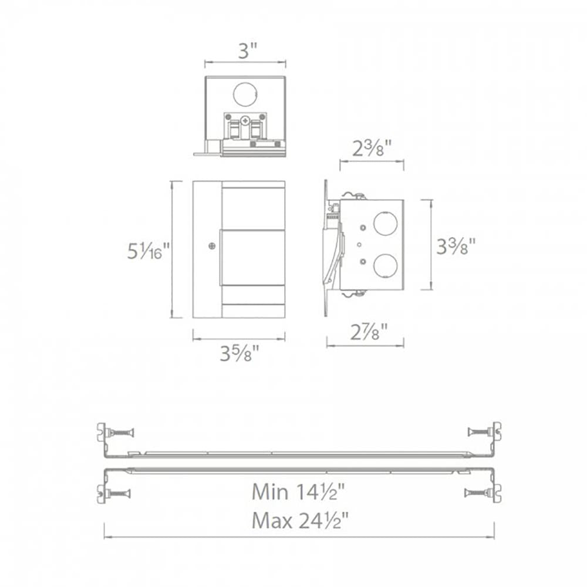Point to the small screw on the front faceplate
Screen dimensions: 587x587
211,247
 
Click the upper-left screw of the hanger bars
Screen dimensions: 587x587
122,433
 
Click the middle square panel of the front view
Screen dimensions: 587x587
252,257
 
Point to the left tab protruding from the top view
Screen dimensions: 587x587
202,153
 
